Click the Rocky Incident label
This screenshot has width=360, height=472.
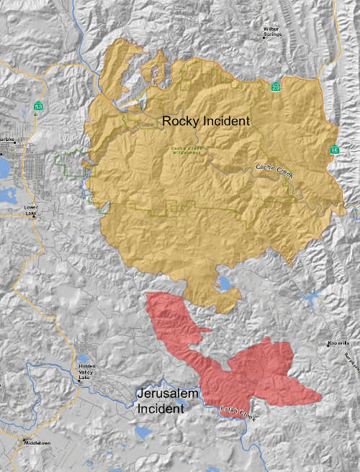(x=206, y=122)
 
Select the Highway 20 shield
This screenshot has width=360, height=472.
(x=276, y=87)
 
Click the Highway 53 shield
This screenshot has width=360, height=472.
(x=37, y=106)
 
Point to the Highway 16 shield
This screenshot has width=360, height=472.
(x=335, y=150)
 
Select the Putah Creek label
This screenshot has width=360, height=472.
(x=238, y=414)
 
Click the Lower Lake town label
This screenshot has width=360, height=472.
(x=34, y=212)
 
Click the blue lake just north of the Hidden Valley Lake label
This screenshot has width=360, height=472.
(x=84, y=358)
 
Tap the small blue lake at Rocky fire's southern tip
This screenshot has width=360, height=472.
(x=224, y=283)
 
